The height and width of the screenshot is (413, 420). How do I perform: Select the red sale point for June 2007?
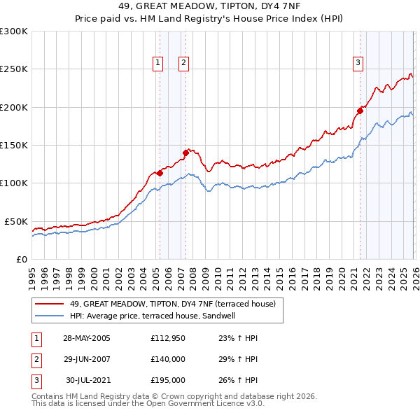(185, 152)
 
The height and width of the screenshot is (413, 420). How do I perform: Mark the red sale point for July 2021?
(360, 111)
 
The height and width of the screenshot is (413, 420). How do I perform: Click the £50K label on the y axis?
(16, 221)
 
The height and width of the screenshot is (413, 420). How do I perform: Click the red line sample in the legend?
(49, 304)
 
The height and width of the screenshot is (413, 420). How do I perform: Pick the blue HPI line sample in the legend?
(49, 316)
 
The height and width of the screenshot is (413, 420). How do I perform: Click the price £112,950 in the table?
(167, 338)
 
